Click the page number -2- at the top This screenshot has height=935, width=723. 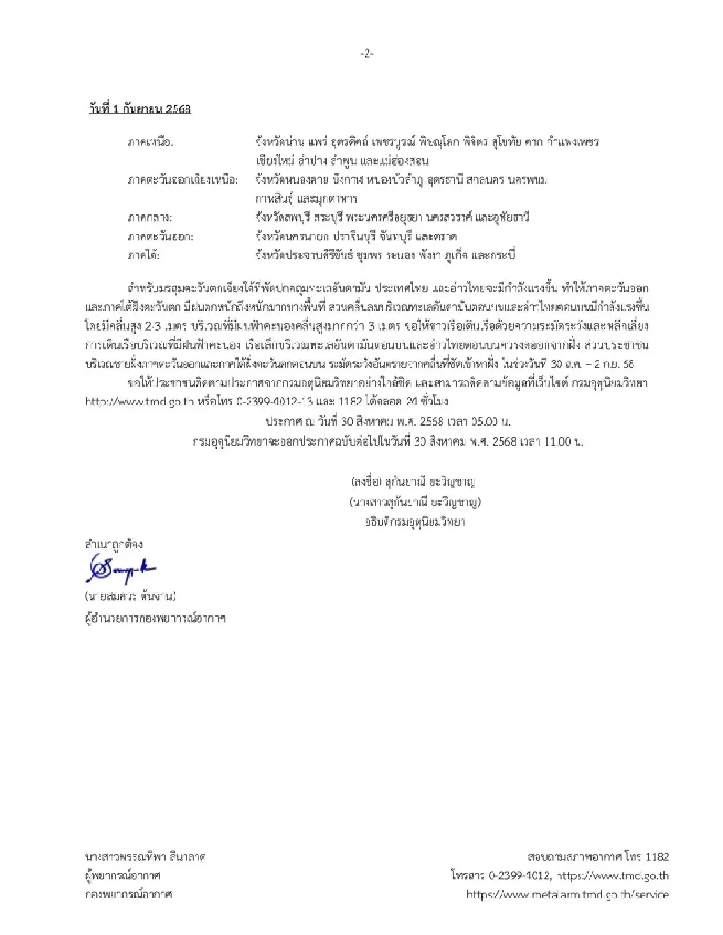tap(367, 54)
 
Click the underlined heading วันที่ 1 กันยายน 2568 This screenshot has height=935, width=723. tap(139, 109)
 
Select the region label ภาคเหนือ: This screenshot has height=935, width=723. tap(150, 143)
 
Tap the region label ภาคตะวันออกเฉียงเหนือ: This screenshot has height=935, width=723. tap(183, 180)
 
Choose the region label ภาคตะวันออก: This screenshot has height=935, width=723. tap(160, 237)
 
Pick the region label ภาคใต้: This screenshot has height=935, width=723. tap(143, 255)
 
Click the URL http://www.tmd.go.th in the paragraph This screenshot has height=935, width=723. tap(139, 402)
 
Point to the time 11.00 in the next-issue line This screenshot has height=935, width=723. tap(557, 441)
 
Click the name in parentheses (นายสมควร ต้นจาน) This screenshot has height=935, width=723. tap(130, 597)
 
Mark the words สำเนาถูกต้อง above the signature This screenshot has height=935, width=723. tap(114, 545)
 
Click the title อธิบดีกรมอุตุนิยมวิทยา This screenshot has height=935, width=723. tap(415, 522)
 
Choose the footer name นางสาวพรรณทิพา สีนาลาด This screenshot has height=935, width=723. tap(145, 857)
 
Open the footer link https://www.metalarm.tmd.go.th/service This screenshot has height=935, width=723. tap(567, 895)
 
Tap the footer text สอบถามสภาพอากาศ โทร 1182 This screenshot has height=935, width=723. tap(598, 857)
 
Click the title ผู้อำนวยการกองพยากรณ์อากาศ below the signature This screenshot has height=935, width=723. tap(155, 618)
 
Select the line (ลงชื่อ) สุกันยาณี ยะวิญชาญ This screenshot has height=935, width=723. tap(413, 482)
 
